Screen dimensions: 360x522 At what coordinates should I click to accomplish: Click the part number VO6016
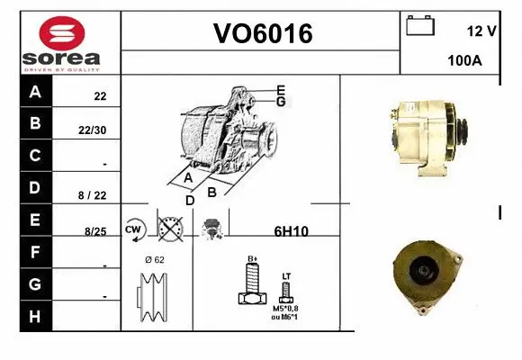262,34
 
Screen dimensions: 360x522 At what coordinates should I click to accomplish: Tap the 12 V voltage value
481,31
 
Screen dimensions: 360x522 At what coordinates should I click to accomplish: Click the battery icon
419,25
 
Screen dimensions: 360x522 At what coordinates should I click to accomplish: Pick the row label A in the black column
35,92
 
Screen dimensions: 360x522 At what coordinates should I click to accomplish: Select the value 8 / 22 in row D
94,194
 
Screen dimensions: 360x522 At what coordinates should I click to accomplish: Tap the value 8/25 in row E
94,231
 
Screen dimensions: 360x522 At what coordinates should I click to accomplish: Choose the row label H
35,316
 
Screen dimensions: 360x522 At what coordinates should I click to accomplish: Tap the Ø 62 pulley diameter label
154,260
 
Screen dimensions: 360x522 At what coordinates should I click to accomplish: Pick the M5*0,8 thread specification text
287,309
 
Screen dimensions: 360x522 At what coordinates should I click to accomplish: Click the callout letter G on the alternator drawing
281,102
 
